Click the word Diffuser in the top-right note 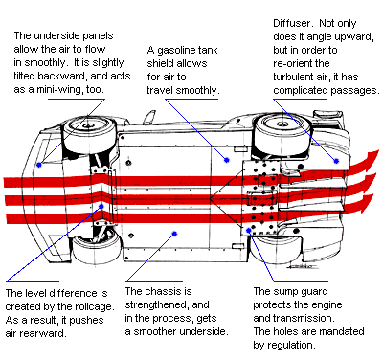pyautogui.click(x=292, y=23)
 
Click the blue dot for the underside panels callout pyautogui.click(x=39, y=165)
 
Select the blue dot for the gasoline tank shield pyautogui.click(x=227, y=160)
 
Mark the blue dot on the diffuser pyautogui.click(x=336, y=161)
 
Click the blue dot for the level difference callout pyautogui.click(x=101, y=206)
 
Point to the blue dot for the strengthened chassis pyautogui.click(x=174, y=234)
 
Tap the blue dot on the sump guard pyautogui.click(x=249, y=230)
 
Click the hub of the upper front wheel pyautogui.click(x=86, y=125)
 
